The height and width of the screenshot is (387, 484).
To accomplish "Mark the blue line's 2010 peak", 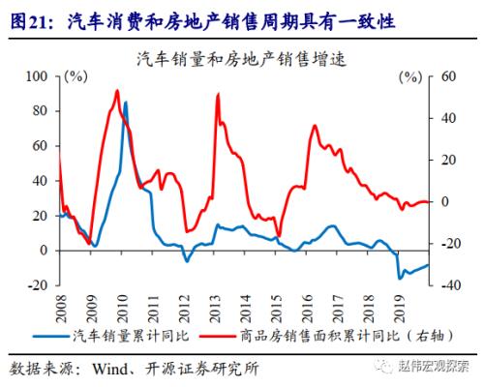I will pos(126,101).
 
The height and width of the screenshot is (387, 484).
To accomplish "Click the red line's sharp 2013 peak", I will pos(216,94).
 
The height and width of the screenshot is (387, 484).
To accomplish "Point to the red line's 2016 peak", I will pos(315,126).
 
